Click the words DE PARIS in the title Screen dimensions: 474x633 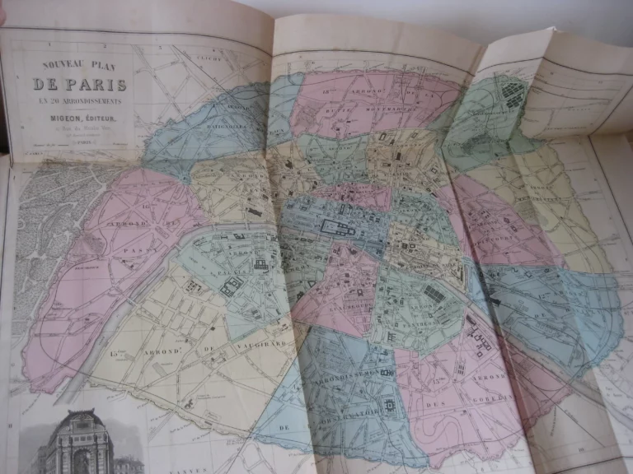(x=79, y=84)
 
